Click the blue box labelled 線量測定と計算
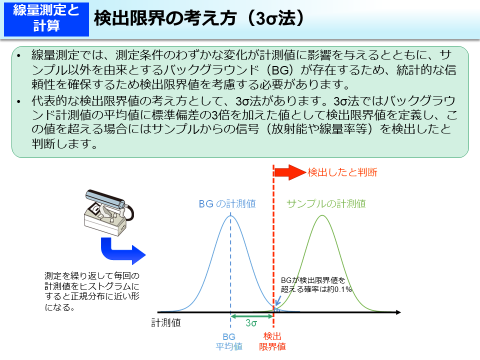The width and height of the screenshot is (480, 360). [45, 18]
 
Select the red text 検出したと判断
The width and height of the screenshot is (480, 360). [342, 172]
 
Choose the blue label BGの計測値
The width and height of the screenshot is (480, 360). [227, 203]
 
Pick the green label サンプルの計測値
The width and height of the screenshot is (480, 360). [325, 203]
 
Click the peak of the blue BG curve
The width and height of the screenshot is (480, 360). [230, 215]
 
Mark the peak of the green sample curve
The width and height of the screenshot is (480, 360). [323, 215]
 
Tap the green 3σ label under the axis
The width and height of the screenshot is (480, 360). [251, 323]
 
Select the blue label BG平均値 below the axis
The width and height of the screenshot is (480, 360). [229, 341]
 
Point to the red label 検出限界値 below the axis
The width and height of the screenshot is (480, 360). [272, 341]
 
